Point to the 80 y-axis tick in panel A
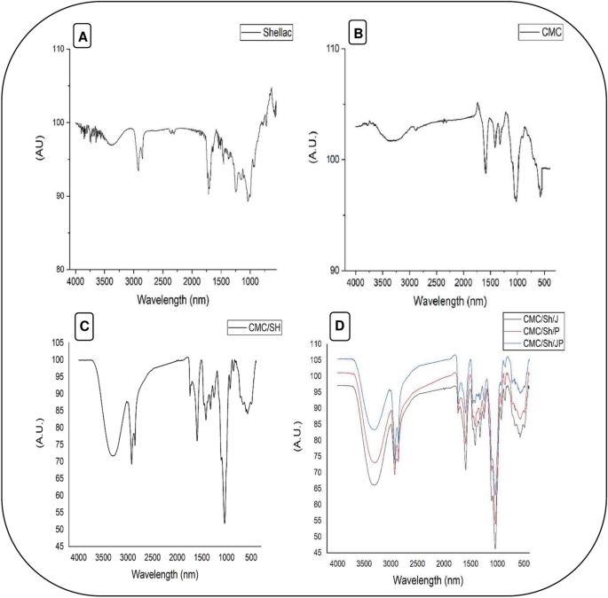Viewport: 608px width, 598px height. pos(59,269)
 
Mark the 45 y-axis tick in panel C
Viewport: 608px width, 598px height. pos(59,547)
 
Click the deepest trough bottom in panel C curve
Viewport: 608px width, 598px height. pos(225,523)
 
